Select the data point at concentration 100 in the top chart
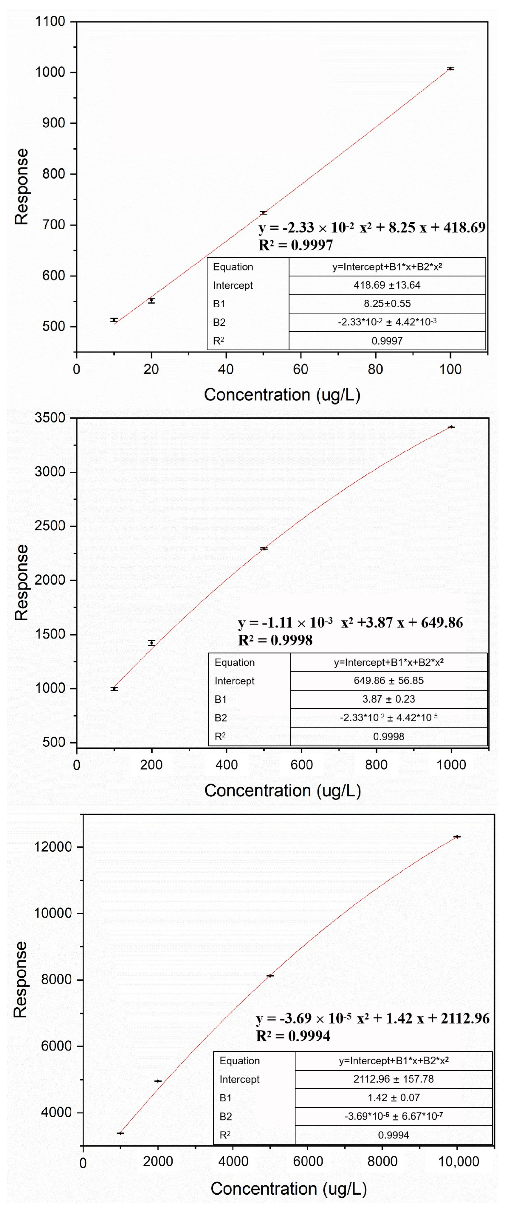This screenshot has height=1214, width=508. point(450,69)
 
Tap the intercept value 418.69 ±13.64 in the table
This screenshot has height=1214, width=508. point(387,285)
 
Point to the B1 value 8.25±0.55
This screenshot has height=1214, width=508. point(387,303)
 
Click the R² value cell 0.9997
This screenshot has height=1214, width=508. point(387,341)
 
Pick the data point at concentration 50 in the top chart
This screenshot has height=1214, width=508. point(263,213)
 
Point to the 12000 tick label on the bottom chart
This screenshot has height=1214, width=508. point(53,847)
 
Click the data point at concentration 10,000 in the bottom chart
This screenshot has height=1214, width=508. point(457,836)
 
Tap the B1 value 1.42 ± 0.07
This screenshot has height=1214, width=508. point(393,1098)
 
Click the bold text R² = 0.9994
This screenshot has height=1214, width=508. point(293,1036)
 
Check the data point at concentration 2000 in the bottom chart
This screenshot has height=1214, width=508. point(158,1081)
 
